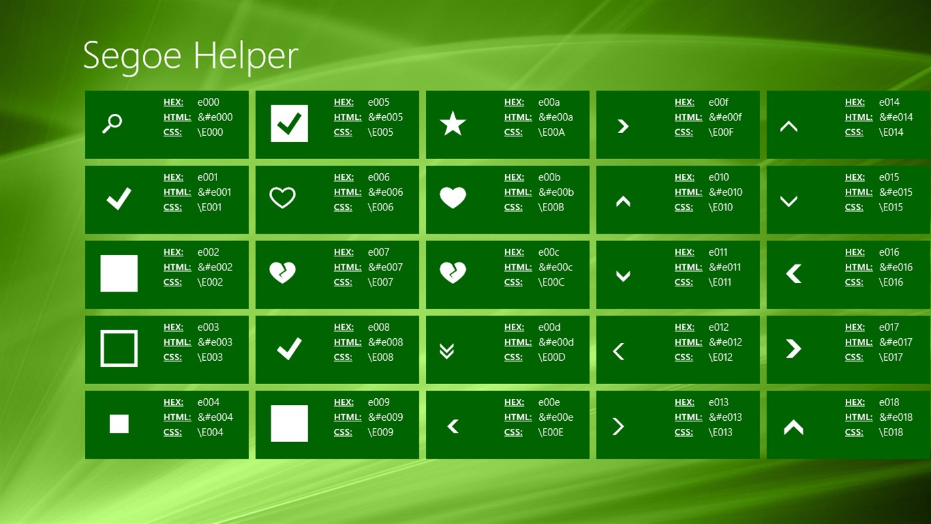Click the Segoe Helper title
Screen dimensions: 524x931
(x=190, y=55)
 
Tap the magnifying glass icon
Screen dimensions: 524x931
(x=112, y=123)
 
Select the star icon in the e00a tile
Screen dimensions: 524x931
(x=453, y=124)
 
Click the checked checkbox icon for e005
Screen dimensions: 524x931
(x=289, y=124)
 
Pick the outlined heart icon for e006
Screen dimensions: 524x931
(x=282, y=198)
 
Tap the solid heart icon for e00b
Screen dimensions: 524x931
(x=453, y=198)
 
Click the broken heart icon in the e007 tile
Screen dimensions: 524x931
(x=282, y=272)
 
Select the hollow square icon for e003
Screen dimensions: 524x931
(x=119, y=348)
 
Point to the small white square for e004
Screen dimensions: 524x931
(x=119, y=423)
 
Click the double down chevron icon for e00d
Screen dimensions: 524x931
(x=447, y=351)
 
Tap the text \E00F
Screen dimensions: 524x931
(x=721, y=132)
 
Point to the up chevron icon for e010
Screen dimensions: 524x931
(x=623, y=201)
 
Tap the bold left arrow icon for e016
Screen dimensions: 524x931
(x=793, y=274)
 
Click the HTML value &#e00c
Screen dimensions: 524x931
(x=555, y=267)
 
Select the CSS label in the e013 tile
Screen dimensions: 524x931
(x=683, y=432)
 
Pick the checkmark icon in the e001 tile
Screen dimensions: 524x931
(x=119, y=198)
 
